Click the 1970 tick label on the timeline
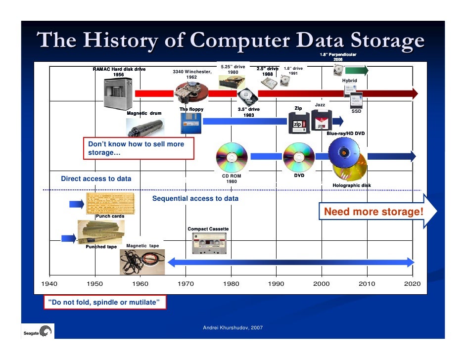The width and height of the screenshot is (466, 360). tap(186, 284)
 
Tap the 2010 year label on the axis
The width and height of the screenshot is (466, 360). tap(367, 284)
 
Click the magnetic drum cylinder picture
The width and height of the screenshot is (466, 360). tap(144, 128)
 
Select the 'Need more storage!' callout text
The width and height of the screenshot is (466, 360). tap(373, 212)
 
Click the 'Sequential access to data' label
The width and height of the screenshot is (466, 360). tap(195, 199)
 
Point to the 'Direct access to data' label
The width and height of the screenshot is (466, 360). tap(96, 179)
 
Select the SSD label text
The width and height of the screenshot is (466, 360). tap(356, 112)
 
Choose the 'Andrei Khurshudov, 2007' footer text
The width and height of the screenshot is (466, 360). tap(233, 328)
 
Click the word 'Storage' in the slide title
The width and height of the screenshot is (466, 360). tap(380, 41)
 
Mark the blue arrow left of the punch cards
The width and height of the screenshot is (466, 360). tap(76, 204)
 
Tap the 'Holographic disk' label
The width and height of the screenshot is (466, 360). tap(351, 185)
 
